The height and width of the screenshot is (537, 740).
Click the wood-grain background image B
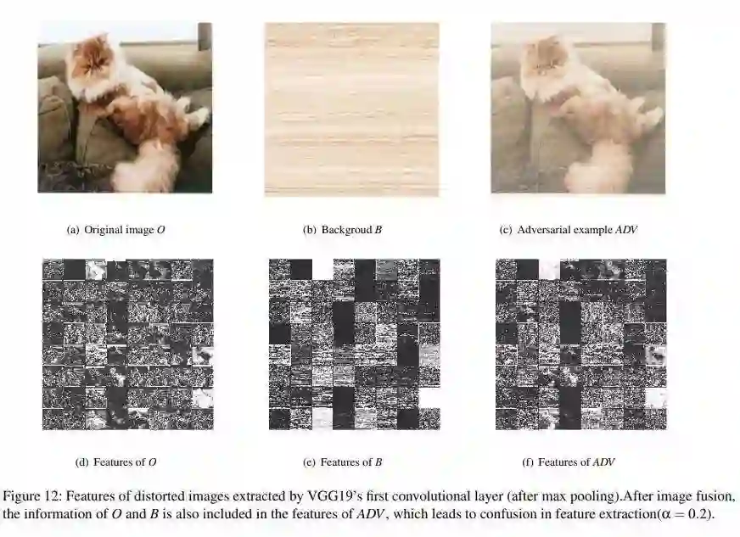click(x=351, y=109)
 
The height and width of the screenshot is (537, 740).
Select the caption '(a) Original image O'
click(x=115, y=230)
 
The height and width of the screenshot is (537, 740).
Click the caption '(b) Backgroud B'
click(x=342, y=230)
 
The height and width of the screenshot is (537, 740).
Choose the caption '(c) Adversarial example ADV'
click(x=569, y=230)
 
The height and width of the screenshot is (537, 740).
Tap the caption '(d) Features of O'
click(x=115, y=462)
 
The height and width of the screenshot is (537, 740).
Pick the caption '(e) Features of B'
click(x=342, y=462)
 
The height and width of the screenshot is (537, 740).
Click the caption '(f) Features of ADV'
click(x=569, y=462)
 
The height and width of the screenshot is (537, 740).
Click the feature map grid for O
click(x=128, y=344)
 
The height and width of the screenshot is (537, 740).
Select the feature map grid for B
click(x=355, y=344)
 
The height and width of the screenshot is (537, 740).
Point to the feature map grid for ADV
click(x=581, y=344)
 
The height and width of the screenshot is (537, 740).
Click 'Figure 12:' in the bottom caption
click(x=32, y=496)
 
